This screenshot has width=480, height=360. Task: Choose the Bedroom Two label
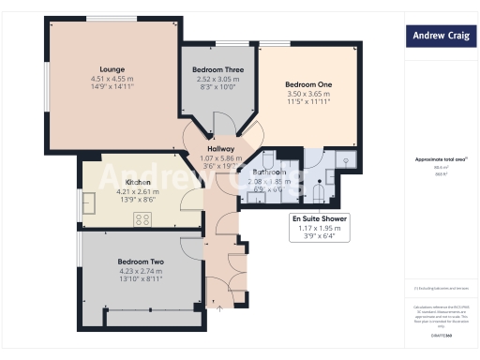[x=142, y=261]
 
